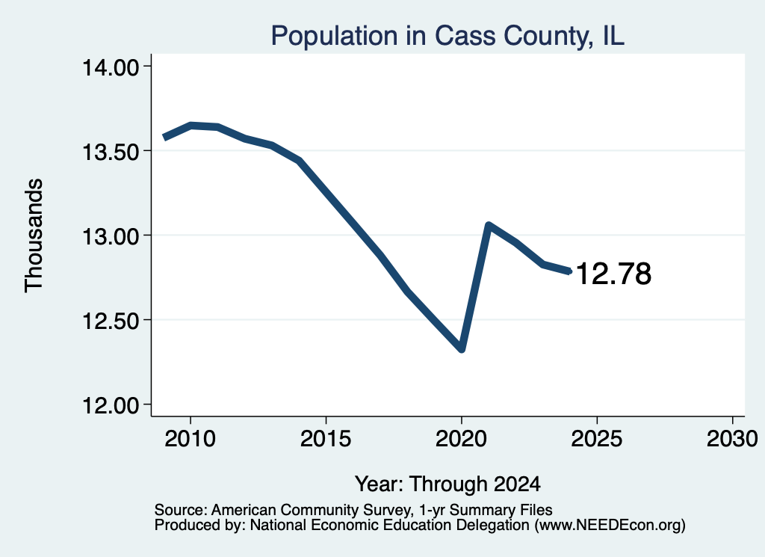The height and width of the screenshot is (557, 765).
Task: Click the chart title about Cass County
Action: coord(447,36)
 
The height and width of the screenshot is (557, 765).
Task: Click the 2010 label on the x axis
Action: coord(191,438)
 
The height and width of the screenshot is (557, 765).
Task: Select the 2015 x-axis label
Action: coord(326,438)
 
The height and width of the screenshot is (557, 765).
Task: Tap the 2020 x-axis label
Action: coord(461,438)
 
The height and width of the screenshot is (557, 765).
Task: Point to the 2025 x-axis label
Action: coord(597,438)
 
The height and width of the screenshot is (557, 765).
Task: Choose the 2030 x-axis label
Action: coord(732,438)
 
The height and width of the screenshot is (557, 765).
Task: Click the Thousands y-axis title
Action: coord(34,236)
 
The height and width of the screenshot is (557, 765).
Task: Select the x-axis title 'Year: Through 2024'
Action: coord(447,484)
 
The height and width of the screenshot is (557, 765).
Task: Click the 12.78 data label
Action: coord(614,274)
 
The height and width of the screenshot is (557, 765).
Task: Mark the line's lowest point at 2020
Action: coord(461,349)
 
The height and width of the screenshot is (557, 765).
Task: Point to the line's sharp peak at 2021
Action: coord(489,225)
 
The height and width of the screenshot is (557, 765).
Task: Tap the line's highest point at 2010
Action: coord(191,126)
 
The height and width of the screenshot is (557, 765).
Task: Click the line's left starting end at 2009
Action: coord(165,137)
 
